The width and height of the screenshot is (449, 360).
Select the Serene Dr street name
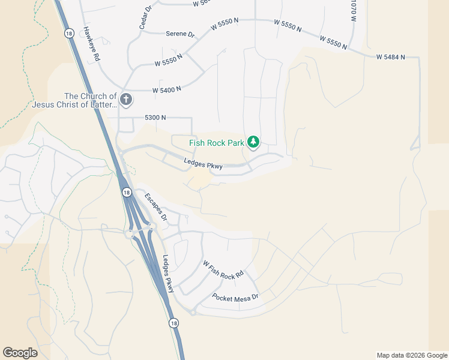click(181, 34)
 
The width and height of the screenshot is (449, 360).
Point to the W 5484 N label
click(390, 57)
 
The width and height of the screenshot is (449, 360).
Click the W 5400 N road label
click(167, 89)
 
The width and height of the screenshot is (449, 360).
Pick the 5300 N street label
click(155, 118)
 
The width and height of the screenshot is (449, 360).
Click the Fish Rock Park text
click(217, 143)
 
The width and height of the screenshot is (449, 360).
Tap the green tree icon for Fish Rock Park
click(253, 142)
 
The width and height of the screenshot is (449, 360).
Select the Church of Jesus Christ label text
click(91, 100)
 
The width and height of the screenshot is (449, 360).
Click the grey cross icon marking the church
click(125, 100)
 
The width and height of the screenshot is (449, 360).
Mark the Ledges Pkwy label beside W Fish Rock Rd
click(168, 274)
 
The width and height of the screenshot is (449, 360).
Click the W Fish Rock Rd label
click(223, 269)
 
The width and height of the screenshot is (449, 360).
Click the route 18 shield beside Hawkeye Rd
click(69, 34)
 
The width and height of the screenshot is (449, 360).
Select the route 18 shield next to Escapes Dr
click(126, 192)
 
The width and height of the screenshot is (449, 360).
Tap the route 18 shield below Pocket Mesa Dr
click(173, 323)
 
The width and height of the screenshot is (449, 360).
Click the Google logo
click(20, 353)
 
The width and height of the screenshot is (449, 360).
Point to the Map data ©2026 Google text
click(411, 355)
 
